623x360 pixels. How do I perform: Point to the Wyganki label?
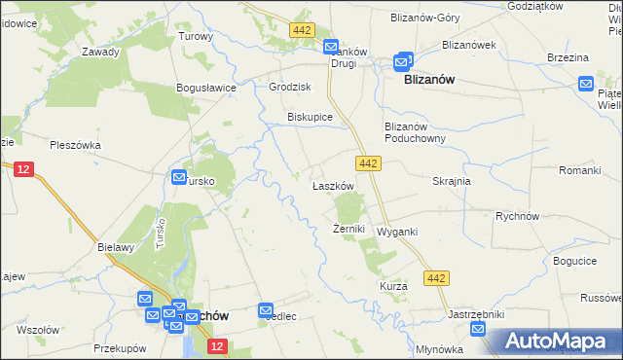coord(397,232)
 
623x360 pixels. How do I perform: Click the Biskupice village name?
coord(310,117)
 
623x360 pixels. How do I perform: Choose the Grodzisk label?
coord(289,86)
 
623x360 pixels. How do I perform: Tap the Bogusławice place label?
coord(206,88)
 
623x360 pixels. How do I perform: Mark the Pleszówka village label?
coord(74,145)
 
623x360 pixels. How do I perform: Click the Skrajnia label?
coord(452,181)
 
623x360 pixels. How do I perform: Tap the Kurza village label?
coord(393,287)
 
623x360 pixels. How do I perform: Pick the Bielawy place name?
coord(115,247)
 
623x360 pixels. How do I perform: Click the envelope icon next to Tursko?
coord(179,177)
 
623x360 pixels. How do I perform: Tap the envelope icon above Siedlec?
coord(267,310)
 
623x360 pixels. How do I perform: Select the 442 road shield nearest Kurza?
coord(436,279)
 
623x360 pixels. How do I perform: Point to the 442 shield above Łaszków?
coord(367,164)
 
